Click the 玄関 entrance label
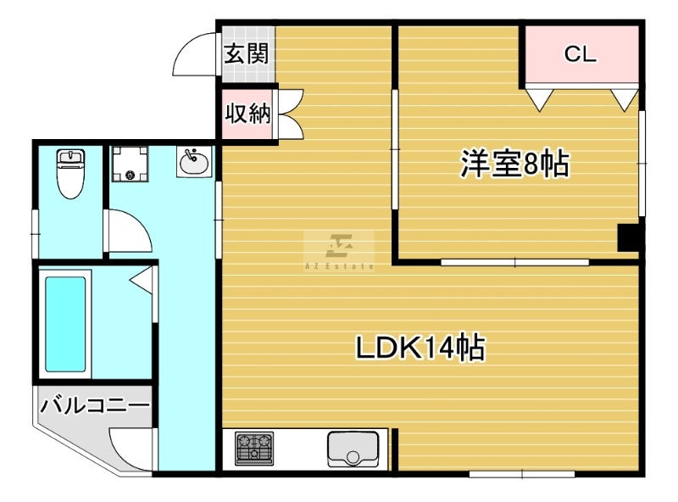coord(247,53)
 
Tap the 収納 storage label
coord(247,114)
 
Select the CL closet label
coord(581,54)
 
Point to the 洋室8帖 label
coord(514,164)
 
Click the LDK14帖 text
coord(420,347)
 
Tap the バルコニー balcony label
coord(95,405)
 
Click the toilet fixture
coord(71,173)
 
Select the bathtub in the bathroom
coord(65,324)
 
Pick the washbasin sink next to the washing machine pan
coord(195,162)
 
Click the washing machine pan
coord(130,164)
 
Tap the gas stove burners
coord(254,449)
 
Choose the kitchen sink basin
coord(353,449)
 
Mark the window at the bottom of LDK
coord(522,474)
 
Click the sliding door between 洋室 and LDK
coord(514,262)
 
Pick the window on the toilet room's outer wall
coord(36,234)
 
